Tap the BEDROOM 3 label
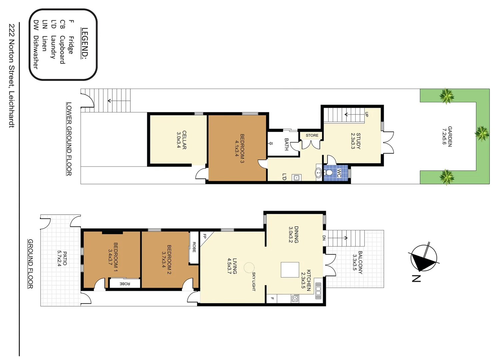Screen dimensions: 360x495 click(240, 148)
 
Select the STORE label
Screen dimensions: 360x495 click(312, 135)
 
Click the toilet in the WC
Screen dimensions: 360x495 click(329, 173)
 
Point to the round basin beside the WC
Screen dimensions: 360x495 click(318, 173)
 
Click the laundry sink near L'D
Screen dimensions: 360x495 click(296, 178)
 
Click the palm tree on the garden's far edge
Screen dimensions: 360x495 click(482, 134)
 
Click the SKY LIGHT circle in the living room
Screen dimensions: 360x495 click(249, 268)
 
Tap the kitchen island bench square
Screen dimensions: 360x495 click(290, 270)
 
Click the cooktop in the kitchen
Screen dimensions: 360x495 click(295, 298)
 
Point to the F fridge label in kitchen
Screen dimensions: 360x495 click(272, 299)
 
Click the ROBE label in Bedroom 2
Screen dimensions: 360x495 click(194, 247)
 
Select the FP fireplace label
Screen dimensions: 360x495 click(205, 236)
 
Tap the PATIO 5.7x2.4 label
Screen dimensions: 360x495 click(62, 258)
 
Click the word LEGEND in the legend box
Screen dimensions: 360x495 click(85, 43)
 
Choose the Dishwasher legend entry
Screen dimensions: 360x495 click(36, 45)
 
